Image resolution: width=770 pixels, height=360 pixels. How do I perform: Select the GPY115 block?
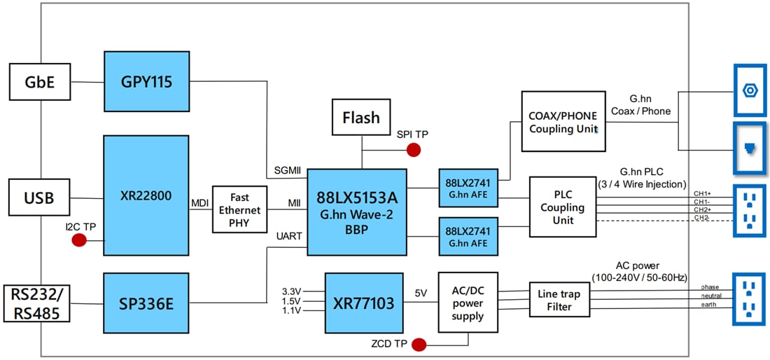pyautogui.click(x=146, y=82)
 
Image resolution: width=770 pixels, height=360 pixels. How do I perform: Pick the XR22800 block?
pyautogui.click(x=146, y=195)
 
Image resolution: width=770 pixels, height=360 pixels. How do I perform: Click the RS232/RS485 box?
pyautogui.click(x=37, y=303)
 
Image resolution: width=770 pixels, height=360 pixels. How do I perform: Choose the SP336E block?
pyautogui.click(x=146, y=303)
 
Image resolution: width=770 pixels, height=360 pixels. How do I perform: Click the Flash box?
pyautogui.click(x=361, y=117)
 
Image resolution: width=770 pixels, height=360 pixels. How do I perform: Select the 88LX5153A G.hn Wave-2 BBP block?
pyautogui.click(x=357, y=212)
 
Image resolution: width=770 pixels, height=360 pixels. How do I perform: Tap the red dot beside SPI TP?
pyautogui.click(x=414, y=149)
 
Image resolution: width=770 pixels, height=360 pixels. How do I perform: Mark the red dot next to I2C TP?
pyautogui.click(x=78, y=240)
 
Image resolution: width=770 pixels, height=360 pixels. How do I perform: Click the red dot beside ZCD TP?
pyautogui.click(x=419, y=344)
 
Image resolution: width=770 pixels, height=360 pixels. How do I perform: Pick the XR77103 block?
pyautogui.click(x=365, y=303)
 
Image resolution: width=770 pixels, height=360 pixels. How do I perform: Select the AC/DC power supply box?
pyautogui.click(x=468, y=302)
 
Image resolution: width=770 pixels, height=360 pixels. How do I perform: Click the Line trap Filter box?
pyautogui.click(x=559, y=300)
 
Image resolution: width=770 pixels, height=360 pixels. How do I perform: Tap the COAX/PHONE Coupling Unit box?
pyautogui.click(x=563, y=121)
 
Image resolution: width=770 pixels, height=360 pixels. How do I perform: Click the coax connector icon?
pyautogui.click(x=750, y=90)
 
